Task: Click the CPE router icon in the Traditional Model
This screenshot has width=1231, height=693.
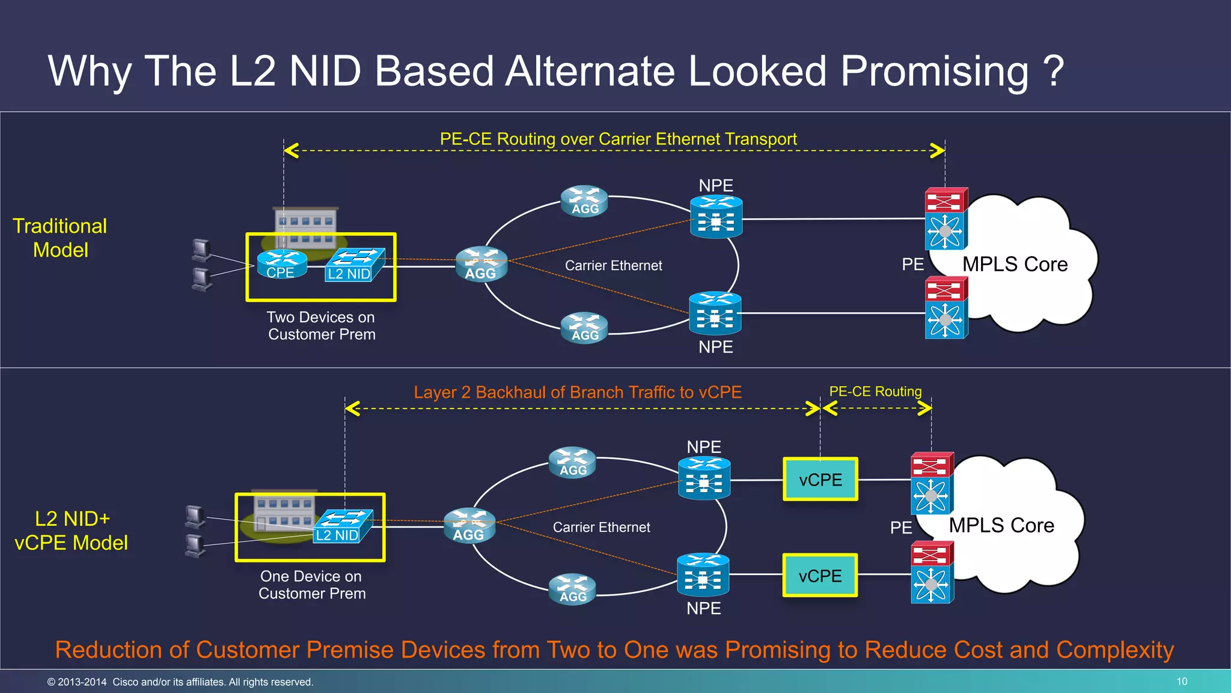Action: click(282, 264)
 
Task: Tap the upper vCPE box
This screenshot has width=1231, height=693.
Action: click(820, 479)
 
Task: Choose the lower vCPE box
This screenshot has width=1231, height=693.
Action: click(820, 576)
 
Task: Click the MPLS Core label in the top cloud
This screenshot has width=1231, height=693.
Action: click(1015, 264)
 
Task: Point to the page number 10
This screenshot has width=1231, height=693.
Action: click(1182, 682)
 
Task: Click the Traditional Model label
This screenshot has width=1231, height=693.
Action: click(60, 238)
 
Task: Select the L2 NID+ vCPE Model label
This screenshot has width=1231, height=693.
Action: click(72, 531)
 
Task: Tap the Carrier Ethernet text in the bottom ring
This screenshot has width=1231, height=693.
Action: click(601, 527)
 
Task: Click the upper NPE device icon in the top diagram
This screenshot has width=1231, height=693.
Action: click(716, 217)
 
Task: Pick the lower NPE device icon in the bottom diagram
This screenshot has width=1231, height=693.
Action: click(703, 575)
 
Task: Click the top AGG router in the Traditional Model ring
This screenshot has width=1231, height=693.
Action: click(584, 201)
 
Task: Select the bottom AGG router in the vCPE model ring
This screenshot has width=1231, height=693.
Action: click(572, 589)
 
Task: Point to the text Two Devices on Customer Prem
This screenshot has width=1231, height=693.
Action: click(322, 325)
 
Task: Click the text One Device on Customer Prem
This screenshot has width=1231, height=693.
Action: click(312, 585)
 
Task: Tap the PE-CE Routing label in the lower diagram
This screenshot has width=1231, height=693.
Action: click(875, 392)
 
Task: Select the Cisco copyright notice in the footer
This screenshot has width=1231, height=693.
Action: click(180, 682)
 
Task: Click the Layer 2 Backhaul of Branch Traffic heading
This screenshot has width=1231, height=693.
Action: click(577, 392)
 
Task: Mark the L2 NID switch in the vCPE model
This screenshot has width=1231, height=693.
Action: click(343, 526)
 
